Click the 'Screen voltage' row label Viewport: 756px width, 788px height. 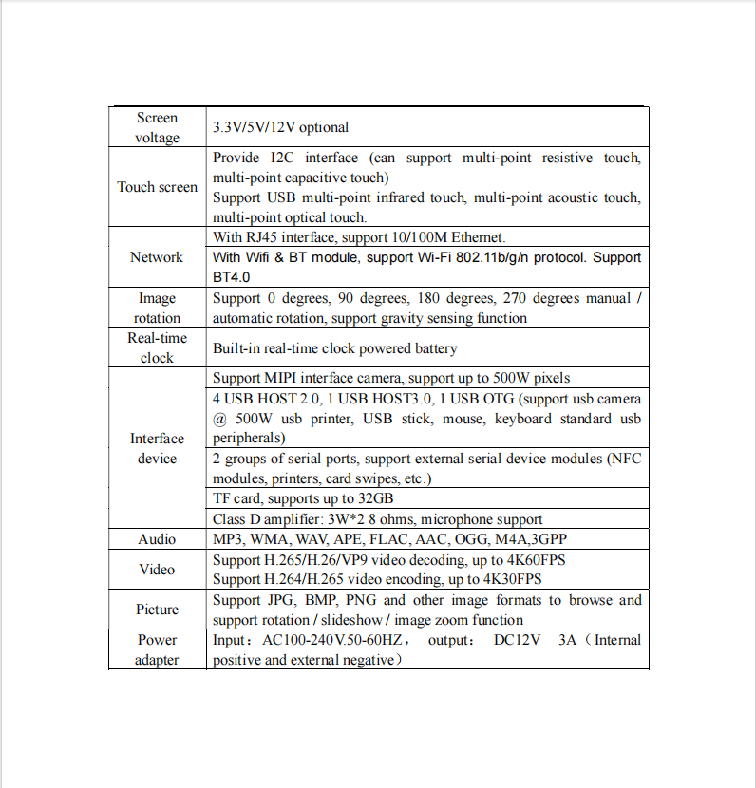click(x=157, y=127)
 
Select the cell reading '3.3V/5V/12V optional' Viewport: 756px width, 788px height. click(x=280, y=127)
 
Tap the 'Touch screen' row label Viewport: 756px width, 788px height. click(x=157, y=187)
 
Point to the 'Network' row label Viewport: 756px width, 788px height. click(x=157, y=257)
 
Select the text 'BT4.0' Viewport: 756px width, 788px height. click(x=232, y=278)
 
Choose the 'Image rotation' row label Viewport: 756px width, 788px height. click(x=157, y=308)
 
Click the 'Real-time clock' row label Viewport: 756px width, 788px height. click(x=157, y=347)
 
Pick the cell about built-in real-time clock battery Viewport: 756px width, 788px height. click(x=334, y=348)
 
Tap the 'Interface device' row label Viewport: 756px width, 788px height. click(x=157, y=448)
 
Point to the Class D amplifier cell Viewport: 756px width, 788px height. click(x=377, y=519)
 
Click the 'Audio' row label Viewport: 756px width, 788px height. click(x=157, y=539)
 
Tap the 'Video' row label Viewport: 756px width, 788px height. click(x=157, y=570)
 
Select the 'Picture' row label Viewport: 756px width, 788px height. click(x=157, y=610)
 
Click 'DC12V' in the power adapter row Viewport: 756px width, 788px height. click(x=518, y=640)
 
